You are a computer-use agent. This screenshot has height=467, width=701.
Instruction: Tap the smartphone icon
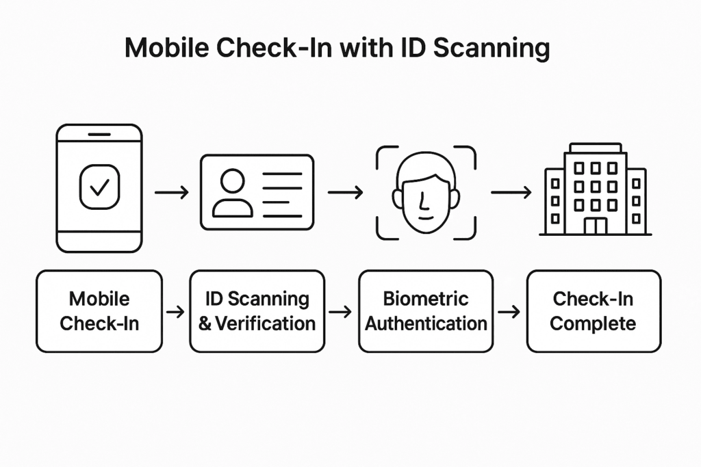(99, 188)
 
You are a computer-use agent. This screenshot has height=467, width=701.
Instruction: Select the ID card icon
(257, 192)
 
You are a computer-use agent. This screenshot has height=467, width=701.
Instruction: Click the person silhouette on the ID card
(232, 193)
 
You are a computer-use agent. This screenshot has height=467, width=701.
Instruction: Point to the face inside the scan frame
(426, 193)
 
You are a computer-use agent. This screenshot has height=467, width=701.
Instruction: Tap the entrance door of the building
(595, 225)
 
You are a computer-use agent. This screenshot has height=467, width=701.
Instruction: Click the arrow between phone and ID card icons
(171, 193)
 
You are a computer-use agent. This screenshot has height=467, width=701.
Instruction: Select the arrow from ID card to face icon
(345, 193)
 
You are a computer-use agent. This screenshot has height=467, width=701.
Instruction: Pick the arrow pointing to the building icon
(511, 193)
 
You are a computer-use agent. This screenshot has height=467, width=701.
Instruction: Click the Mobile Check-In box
(99, 311)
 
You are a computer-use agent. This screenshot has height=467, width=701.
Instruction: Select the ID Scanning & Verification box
(257, 311)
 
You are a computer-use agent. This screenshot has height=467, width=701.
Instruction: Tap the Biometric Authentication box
(426, 311)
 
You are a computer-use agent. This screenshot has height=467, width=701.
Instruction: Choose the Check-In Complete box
(594, 311)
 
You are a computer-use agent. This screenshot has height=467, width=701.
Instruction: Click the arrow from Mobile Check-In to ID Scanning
(176, 312)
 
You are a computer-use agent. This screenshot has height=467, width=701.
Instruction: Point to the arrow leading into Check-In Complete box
(509, 312)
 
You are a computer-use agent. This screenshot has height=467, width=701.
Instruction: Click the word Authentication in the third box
(426, 323)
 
